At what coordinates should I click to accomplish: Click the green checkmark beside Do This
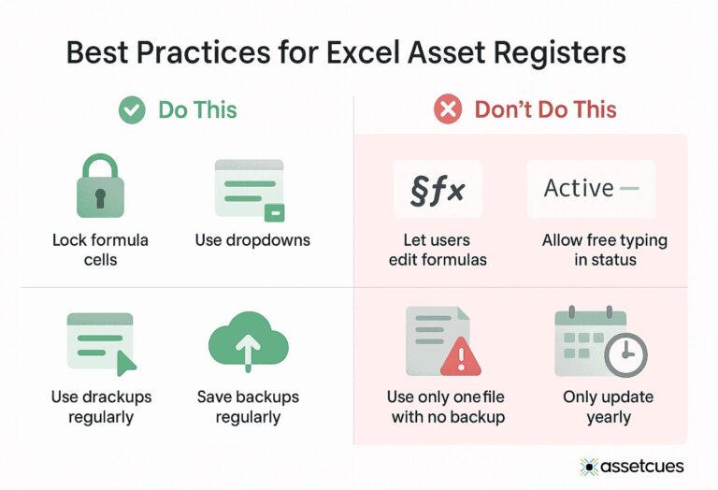tap(132, 110)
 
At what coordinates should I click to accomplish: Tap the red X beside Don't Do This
tap(448, 110)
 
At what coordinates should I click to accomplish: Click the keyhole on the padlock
tap(100, 197)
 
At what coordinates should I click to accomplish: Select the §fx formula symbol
tap(438, 189)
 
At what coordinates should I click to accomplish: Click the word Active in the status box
tap(579, 188)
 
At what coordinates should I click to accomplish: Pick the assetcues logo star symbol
tap(589, 466)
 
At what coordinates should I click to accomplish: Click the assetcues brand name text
tap(643, 466)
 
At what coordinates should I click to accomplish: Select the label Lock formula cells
tap(100, 250)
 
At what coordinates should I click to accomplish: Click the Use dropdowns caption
tap(252, 240)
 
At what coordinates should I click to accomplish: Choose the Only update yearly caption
tap(608, 407)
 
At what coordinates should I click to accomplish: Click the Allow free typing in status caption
tap(604, 250)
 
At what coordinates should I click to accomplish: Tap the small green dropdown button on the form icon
tap(274, 213)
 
